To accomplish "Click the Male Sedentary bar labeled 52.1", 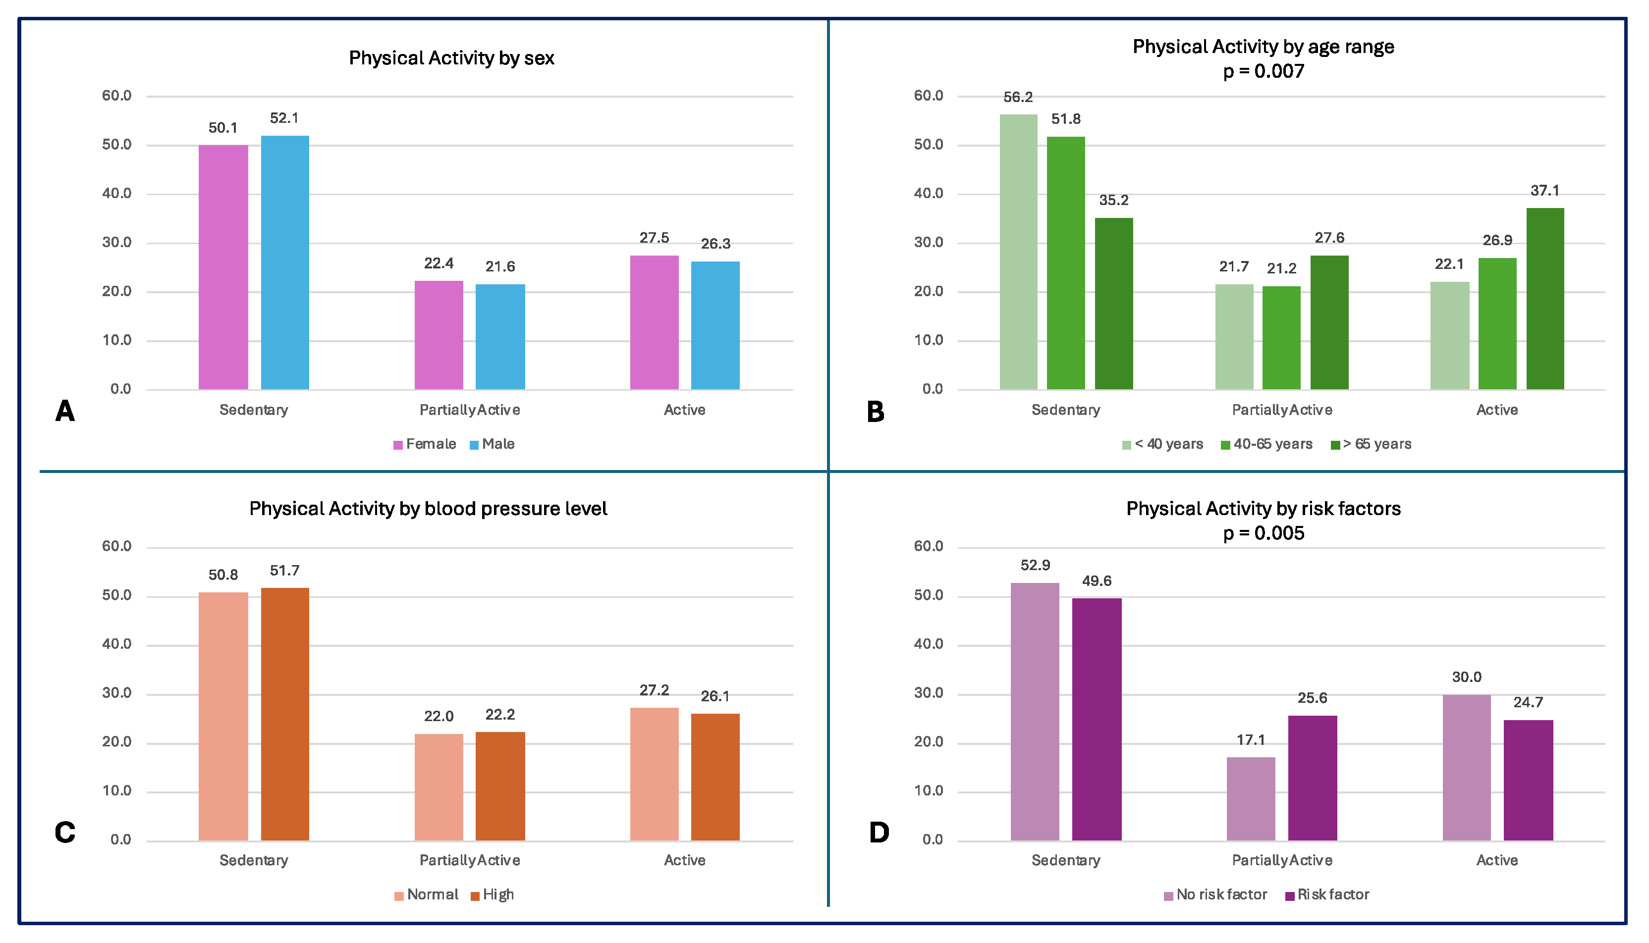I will [x=284, y=262].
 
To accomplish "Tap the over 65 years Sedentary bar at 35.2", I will [x=1113, y=303].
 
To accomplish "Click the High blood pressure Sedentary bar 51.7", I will [x=284, y=714].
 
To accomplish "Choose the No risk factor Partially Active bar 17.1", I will [x=1251, y=798].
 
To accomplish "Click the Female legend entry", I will [x=425, y=444].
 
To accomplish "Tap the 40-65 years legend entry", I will [x=1266, y=444].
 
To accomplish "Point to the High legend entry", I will [x=493, y=895].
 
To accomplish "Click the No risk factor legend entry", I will [x=1215, y=895].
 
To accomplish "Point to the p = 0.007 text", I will [x=1264, y=71].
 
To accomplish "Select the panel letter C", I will [x=65, y=832].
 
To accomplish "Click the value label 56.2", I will [x=1018, y=98].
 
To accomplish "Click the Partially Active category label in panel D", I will [x=1282, y=861].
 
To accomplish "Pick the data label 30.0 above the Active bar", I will [x=1466, y=678].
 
